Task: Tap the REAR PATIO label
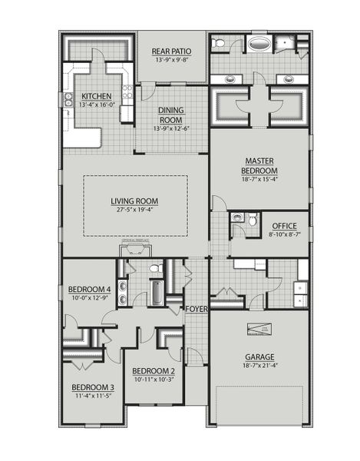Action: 171,51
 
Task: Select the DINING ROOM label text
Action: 171,114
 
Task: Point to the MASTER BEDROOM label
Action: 259,165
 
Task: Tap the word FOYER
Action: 196,309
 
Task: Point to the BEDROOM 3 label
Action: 93,386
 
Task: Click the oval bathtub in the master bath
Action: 259,44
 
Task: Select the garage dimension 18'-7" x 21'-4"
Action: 259,366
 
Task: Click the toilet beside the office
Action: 239,220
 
